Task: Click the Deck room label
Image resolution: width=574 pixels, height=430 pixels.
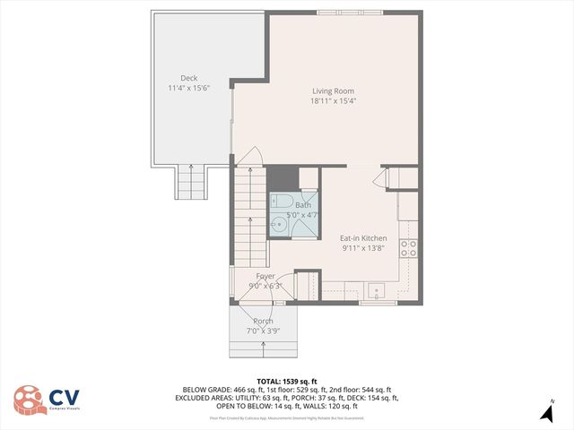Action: click(188, 78)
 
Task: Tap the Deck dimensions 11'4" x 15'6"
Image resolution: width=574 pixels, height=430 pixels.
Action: click(188, 89)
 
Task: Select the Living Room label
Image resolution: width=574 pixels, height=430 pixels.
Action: click(333, 90)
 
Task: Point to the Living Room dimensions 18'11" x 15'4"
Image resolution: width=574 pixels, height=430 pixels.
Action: click(333, 101)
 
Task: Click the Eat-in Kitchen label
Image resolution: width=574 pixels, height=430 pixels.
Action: click(363, 238)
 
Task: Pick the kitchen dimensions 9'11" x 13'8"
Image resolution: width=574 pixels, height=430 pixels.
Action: click(363, 249)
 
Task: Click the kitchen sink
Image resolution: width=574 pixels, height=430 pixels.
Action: click(377, 290)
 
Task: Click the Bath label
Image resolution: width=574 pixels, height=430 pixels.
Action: click(303, 205)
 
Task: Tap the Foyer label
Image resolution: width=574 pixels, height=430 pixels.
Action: click(265, 276)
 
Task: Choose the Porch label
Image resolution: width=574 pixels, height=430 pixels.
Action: click(263, 322)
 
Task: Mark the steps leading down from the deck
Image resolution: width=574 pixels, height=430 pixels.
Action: click(191, 184)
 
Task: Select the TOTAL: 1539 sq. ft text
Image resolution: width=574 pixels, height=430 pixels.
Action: click(286, 380)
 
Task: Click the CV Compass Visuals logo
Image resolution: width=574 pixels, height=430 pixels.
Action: click(45, 399)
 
